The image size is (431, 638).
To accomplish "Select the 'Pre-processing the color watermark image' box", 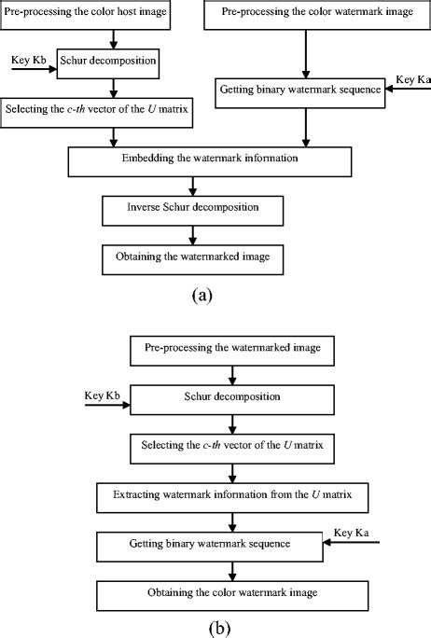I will click(305, 16).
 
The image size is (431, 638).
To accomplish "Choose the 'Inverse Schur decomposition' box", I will click(191, 209).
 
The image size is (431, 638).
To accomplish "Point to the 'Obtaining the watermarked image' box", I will click(191, 255).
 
